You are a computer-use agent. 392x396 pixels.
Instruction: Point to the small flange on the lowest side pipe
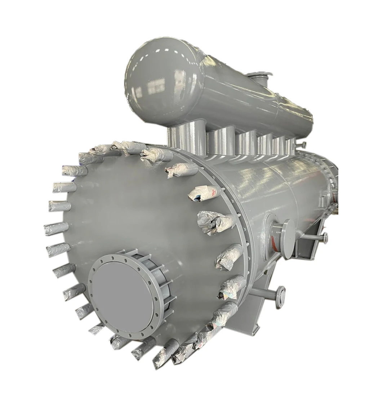280,297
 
